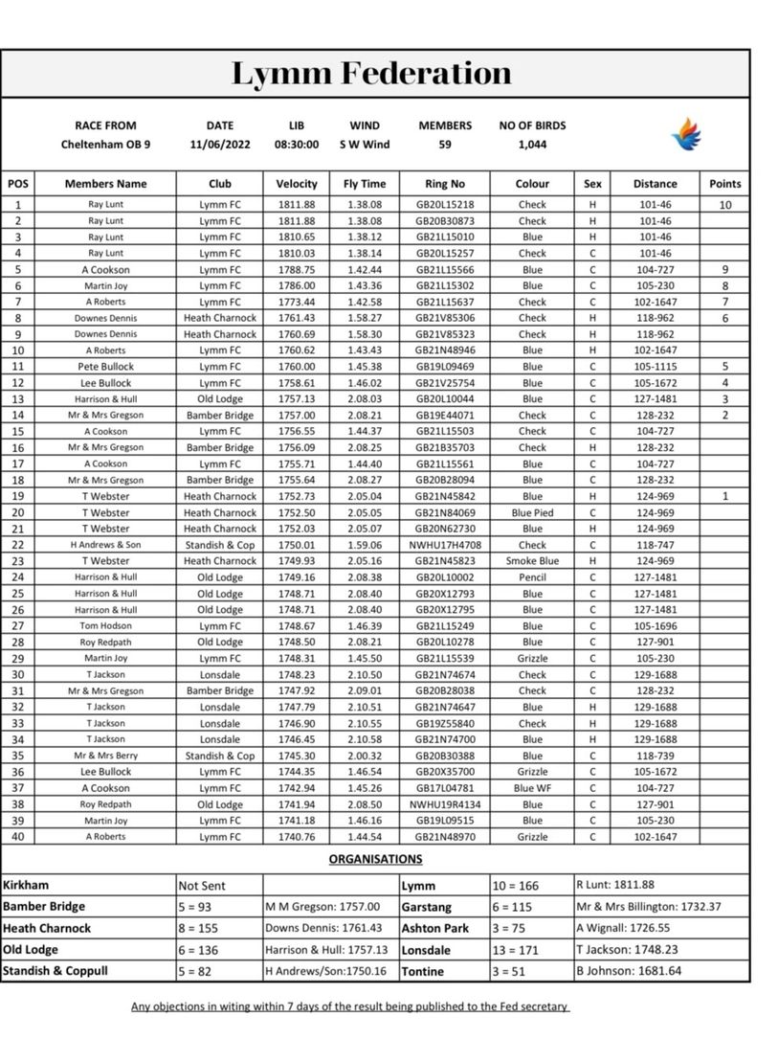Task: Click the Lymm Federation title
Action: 370,74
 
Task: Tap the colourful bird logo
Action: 686,135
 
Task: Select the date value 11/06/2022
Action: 219,145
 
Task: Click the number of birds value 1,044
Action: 532,145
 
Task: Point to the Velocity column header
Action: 297,184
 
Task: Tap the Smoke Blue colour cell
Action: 532,561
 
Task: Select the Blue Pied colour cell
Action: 532,512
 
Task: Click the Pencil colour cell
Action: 532,577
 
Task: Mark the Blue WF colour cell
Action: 532,788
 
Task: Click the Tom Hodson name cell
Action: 105,626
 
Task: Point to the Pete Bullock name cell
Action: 105,367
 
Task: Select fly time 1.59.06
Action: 365,545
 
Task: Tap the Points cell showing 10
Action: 725,205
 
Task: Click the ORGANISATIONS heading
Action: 375,859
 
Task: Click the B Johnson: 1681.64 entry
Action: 629,971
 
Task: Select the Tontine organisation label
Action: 423,971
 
